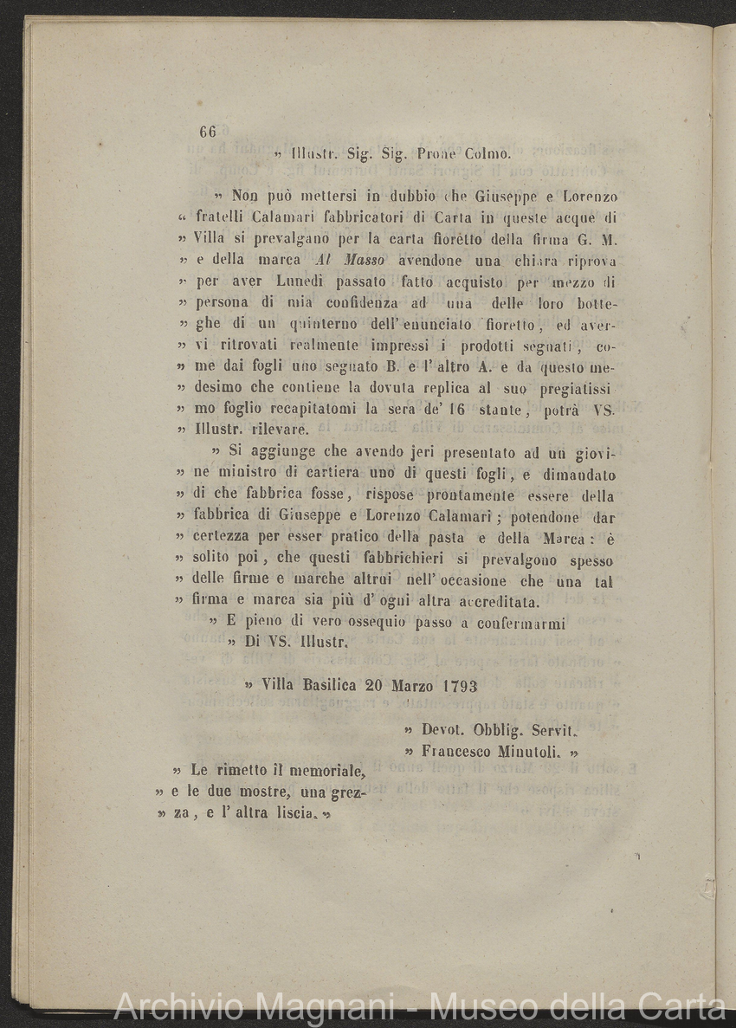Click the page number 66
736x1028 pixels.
(x=207, y=132)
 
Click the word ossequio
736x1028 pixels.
(x=356, y=623)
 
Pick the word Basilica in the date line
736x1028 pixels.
(x=330, y=684)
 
